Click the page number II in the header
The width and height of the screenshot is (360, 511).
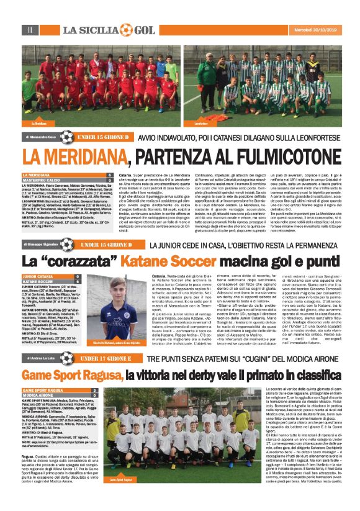[x=29, y=30]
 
